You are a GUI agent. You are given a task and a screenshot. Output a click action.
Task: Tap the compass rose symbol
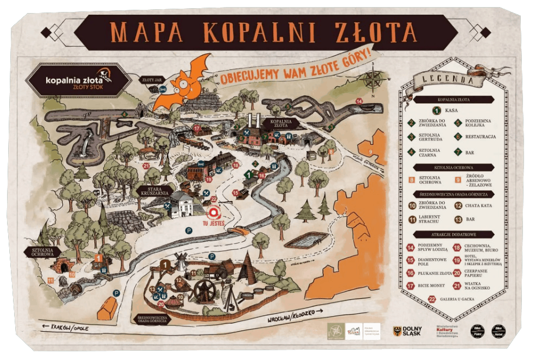click(x=372, y=80)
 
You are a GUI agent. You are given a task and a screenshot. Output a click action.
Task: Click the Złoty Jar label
click(x=151, y=80)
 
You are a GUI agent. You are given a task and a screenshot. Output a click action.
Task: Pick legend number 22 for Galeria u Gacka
click(x=432, y=298)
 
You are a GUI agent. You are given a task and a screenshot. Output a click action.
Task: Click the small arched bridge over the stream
click(x=239, y=231)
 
